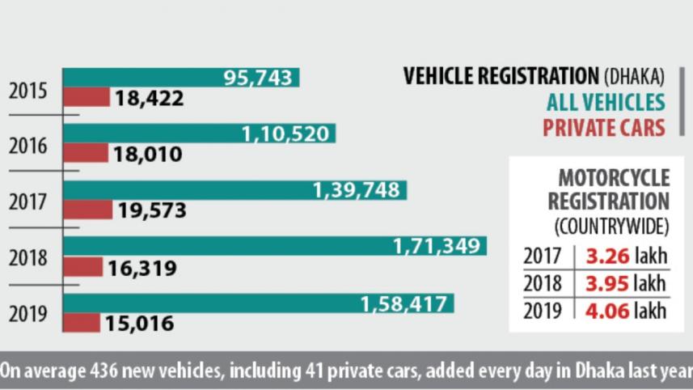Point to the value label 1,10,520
click(285, 134)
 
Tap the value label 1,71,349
click(437, 246)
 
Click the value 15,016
click(138, 324)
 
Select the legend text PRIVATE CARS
click(603, 128)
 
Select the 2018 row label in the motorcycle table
click(542, 284)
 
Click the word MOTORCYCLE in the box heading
click(615, 178)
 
